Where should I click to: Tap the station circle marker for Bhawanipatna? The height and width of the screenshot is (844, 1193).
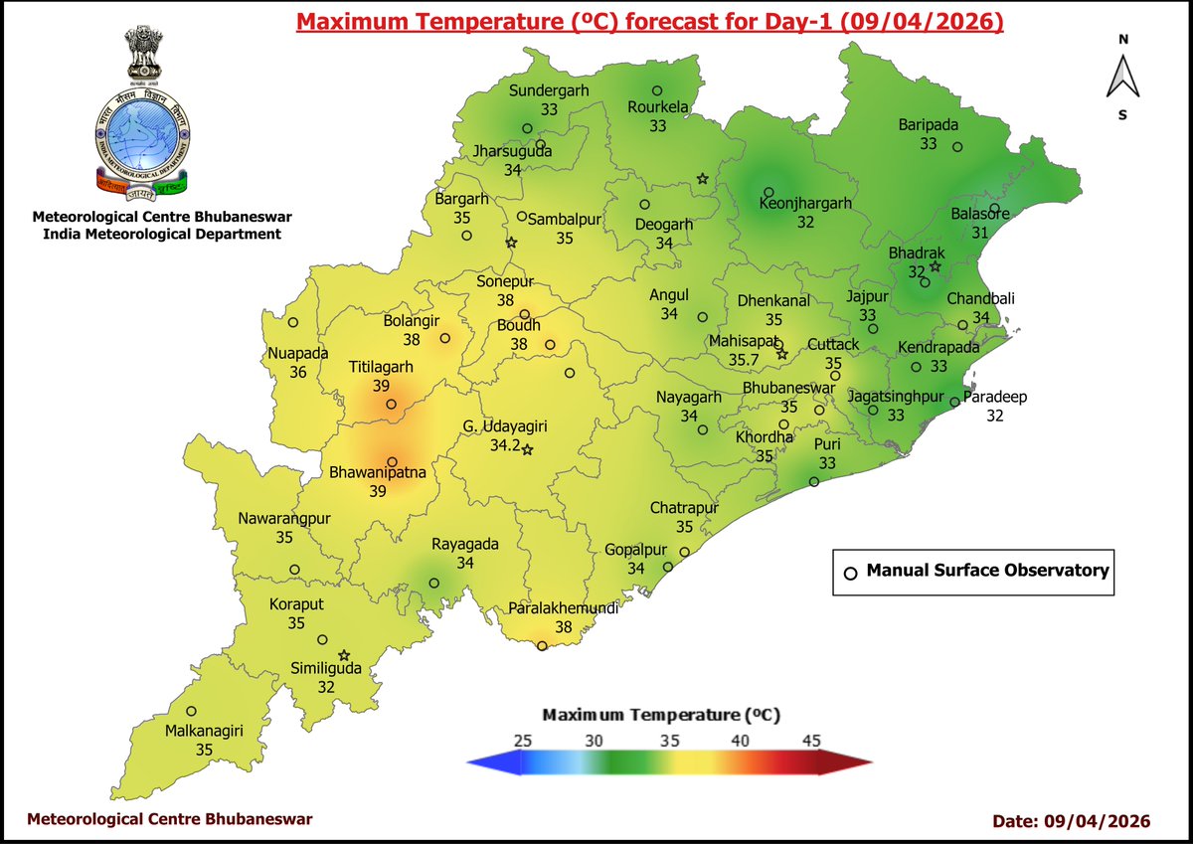tap(393, 462)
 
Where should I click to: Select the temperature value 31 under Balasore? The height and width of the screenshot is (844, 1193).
tap(979, 233)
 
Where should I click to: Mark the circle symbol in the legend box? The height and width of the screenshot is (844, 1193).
tap(850, 573)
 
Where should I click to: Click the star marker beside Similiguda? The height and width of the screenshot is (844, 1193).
tap(344, 655)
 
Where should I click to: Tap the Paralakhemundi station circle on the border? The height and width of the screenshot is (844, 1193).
tap(542, 646)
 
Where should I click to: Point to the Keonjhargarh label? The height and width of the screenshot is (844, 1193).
tap(805, 204)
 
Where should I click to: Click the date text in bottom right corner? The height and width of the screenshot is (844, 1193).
tap(1072, 821)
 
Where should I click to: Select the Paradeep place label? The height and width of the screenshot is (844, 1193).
tap(994, 398)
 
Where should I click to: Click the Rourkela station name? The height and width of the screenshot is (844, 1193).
tap(658, 107)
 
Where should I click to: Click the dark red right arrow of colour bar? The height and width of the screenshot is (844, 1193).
tap(845, 762)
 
